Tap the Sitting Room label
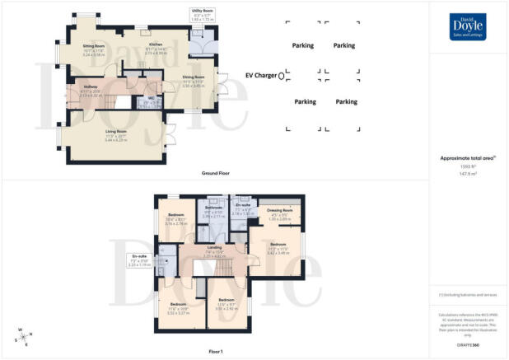95,47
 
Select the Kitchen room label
156,44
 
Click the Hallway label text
91,85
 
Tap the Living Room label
115,132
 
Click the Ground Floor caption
214,174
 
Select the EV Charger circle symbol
282,75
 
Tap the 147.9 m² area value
469,174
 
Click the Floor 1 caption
216,351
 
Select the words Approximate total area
467,157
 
